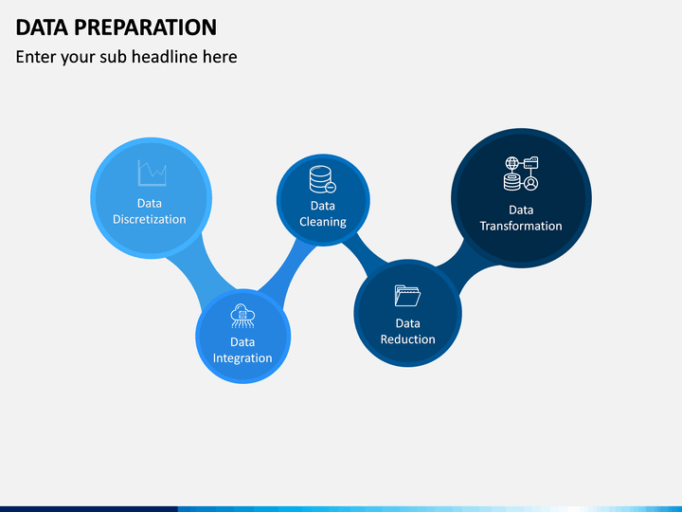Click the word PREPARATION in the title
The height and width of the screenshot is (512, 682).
(x=145, y=27)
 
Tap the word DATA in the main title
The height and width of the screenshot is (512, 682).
(x=42, y=27)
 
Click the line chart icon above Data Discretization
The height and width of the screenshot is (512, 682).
(x=152, y=173)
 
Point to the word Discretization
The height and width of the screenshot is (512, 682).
(x=150, y=219)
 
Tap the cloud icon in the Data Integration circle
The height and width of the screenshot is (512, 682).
(x=242, y=316)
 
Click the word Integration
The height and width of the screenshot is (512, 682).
(x=242, y=357)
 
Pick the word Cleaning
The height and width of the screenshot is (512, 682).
(x=323, y=222)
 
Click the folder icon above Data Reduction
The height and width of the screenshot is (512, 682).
(x=407, y=296)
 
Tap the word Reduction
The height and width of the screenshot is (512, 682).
(x=407, y=339)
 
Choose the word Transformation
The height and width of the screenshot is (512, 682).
(x=521, y=226)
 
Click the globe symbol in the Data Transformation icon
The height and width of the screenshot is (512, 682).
(x=511, y=164)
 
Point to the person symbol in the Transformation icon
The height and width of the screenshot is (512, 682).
(x=531, y=183)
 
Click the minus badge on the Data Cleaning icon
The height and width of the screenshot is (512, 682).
(x=331, y=188)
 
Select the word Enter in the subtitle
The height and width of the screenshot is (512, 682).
(x=36, y=57)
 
